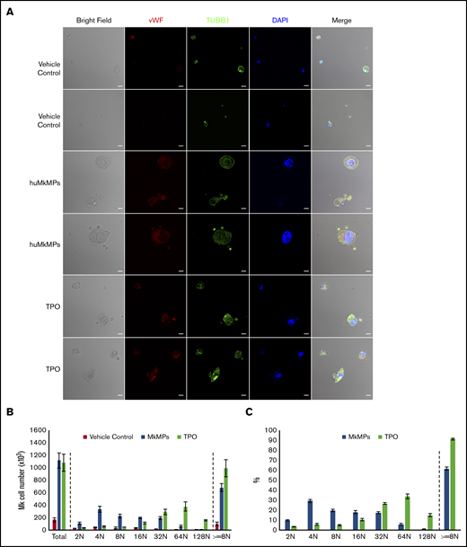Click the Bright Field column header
point(93,18)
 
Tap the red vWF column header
point(155,18)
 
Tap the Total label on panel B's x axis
point(59,537)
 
